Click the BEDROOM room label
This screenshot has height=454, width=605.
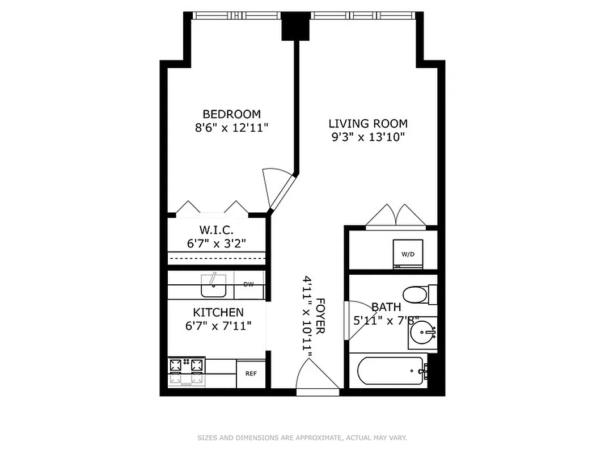231,113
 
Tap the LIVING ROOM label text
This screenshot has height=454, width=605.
368,123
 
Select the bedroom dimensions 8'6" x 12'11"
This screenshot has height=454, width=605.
231,128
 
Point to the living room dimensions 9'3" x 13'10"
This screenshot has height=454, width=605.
368,137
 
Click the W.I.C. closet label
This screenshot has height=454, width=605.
216,230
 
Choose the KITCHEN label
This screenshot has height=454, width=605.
218,312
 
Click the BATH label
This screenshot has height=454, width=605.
386,307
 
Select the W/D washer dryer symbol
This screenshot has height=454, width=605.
408,254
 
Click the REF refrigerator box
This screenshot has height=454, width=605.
251,373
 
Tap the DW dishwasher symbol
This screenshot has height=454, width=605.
249,285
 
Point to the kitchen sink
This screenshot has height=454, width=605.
214,287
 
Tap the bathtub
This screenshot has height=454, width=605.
390,372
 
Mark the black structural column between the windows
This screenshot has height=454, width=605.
294,26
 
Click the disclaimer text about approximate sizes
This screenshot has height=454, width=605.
302,438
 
